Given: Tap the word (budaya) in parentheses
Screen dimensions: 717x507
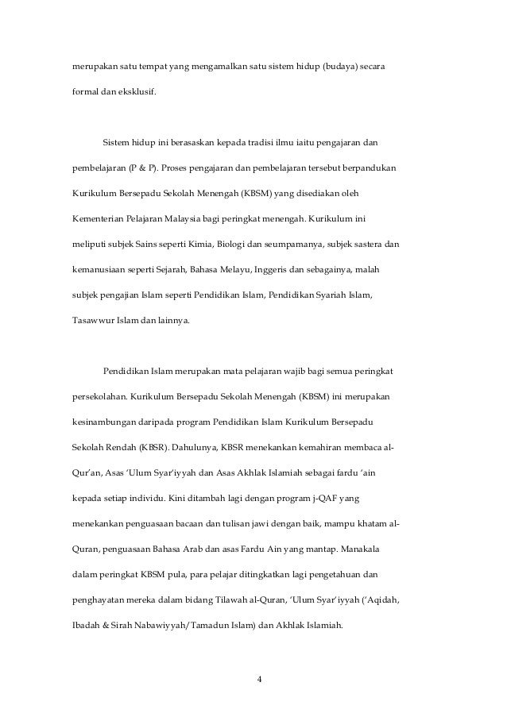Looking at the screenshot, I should tap(342, 61).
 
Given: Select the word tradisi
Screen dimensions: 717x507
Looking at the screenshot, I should tap(246, 142).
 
